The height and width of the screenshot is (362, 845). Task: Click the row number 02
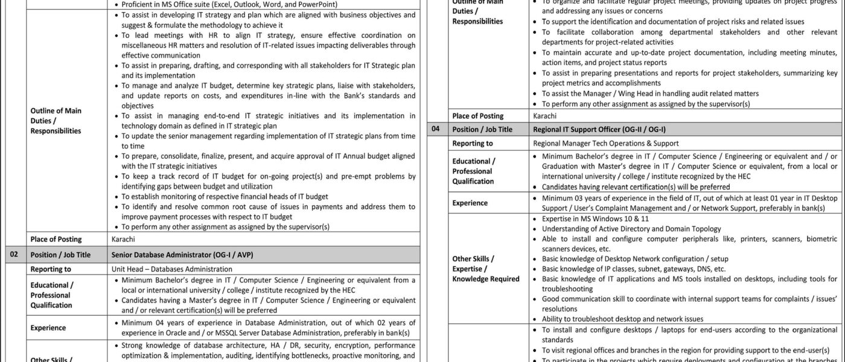coord(13,255)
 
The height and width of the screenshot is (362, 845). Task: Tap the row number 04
coord(436,129)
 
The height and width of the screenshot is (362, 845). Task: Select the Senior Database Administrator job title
coord(182,255)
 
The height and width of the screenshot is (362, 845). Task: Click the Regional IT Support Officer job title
coord(599,129)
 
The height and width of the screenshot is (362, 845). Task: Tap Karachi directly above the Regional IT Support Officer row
coord(545,115)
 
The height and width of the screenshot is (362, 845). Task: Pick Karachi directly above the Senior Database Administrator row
coord(123,240)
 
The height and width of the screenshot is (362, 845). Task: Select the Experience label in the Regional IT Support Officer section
coord(470,203)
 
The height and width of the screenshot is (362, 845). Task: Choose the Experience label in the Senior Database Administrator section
coord(48,328)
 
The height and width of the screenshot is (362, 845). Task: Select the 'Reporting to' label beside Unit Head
coord(51,269)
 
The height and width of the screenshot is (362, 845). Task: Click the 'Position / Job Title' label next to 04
coord(482,129)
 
